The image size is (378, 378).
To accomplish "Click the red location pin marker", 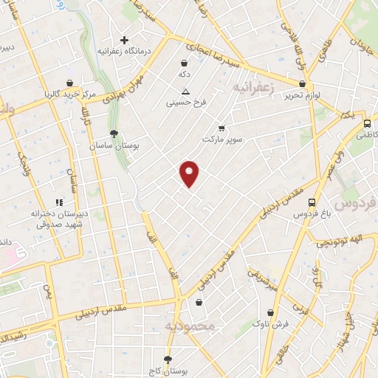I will point(190,173).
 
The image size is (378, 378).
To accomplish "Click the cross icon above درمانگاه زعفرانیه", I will point(124,40).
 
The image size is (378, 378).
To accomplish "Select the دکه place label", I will point(185,75).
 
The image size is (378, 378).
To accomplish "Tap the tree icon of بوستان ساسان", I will point(113,134).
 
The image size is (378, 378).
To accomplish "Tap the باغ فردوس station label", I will point(311,213).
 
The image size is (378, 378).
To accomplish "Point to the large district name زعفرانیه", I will point(253,88).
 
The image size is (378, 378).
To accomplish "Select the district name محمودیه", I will point(189,326).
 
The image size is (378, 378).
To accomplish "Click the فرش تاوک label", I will point(271,324).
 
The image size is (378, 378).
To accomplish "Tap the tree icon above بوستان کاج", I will point(168,359).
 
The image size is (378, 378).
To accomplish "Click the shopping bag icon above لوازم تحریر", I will point(303,84).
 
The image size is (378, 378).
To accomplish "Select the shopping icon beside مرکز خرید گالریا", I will point(69,83).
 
